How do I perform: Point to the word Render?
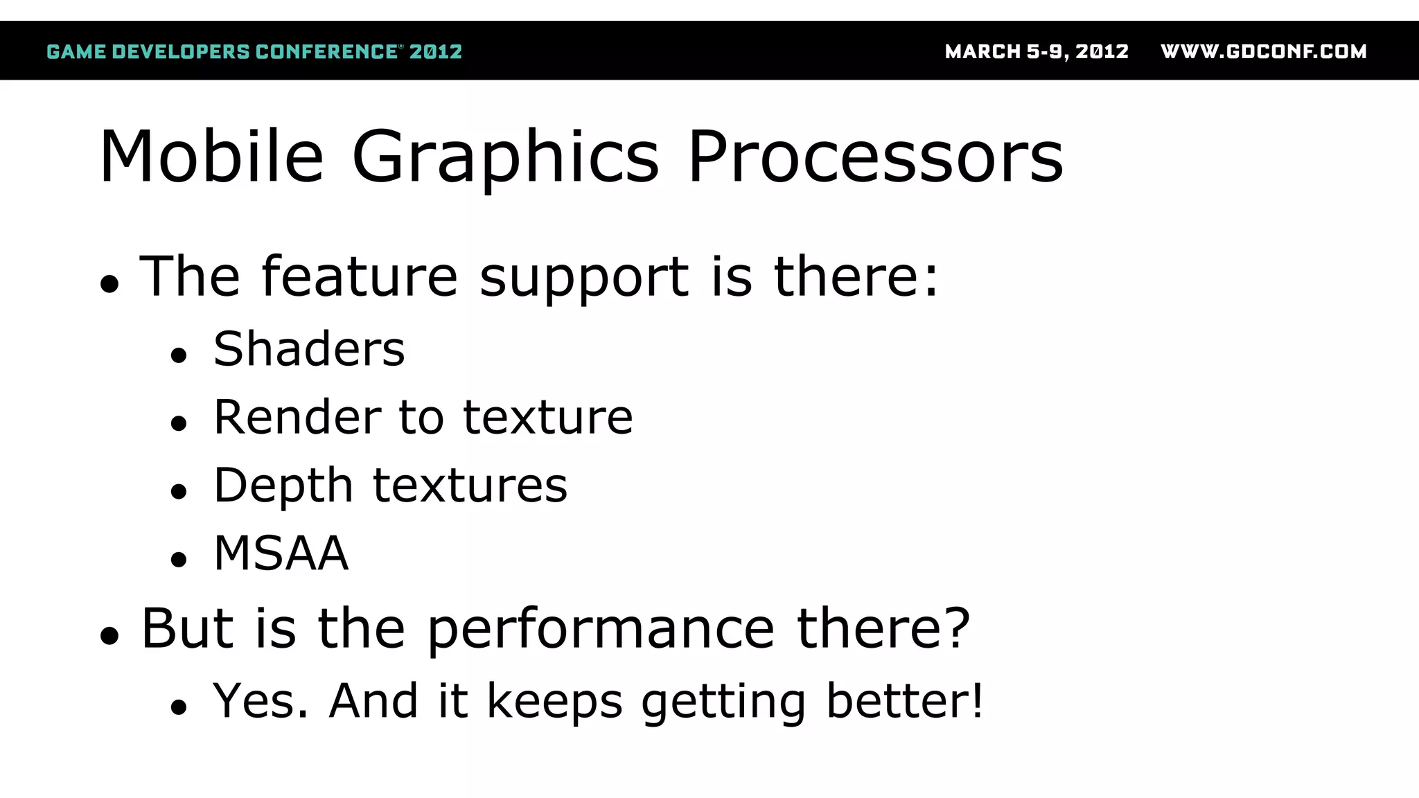pos(297,417)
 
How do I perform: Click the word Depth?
pos(283,485)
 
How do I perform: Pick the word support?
pos(584,277)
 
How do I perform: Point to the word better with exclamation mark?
pos(905,700)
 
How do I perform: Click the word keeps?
pos(554,702)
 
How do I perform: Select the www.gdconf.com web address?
pos(1264,51)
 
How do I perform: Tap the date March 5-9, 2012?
pos(1037,51)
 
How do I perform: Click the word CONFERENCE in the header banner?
pos(326,51)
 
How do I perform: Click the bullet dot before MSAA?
pos(179,560)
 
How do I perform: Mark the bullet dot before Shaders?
pos(179,356)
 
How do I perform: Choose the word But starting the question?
pos(187,628)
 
